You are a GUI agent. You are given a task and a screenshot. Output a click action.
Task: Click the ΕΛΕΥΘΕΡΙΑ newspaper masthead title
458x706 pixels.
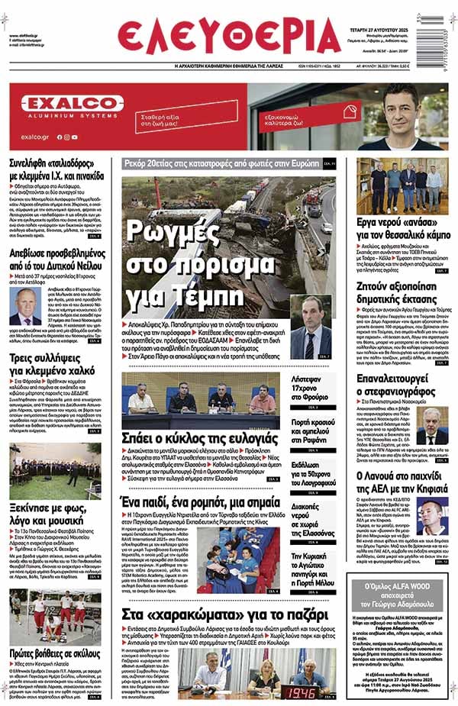coord(229,36)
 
